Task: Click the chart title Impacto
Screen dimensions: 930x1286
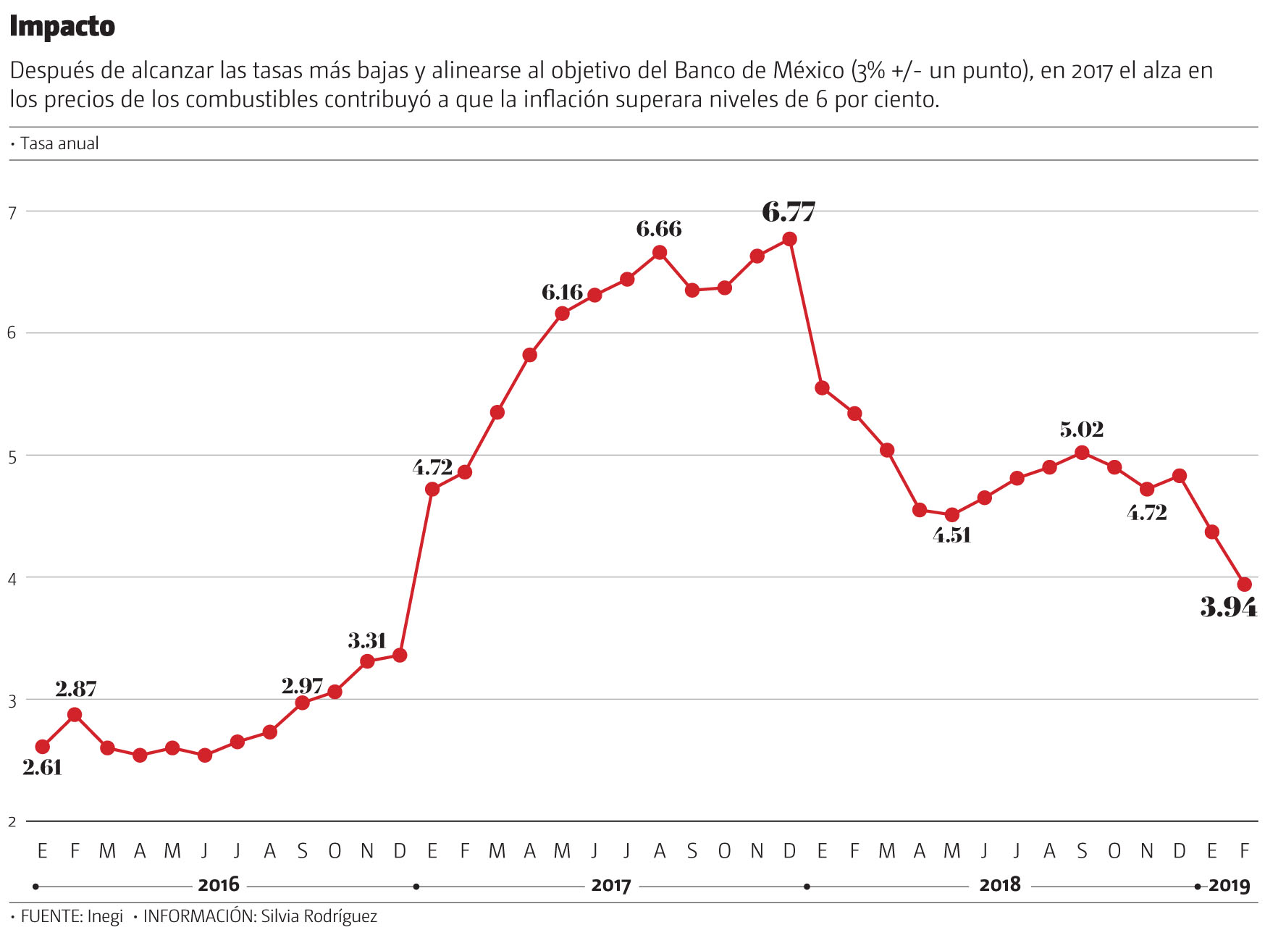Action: click(x=62, y=27)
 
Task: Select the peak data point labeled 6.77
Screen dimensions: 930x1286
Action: click(x=789, y=239)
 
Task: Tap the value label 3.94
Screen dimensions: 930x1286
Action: click(x=1229, y=607)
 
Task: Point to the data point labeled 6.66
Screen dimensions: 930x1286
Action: click(x=659, y=253)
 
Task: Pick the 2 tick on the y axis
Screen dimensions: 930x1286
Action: click(x=12, y=822)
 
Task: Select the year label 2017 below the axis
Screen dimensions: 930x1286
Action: click(x=610, y=885)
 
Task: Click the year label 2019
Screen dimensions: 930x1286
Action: click(x=1229, y=885)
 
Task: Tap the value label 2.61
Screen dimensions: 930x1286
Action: click(x=42, y=767)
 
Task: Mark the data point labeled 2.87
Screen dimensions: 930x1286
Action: click(x=75, y=715)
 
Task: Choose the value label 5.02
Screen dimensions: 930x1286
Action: click(x=1081, y=430)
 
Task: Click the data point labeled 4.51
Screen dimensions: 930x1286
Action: click(x=952, y=515)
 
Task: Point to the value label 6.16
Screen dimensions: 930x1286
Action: click(x=562, y=293)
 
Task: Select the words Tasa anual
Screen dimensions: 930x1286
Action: click(x=59, y=143)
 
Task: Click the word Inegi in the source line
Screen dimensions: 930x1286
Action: click(x=105, y=916)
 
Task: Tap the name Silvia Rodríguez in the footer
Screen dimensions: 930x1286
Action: click(x=319, y=916)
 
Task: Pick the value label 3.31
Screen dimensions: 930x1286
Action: click(x=366, y=641)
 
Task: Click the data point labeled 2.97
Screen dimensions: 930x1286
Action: click(x=302, y=703)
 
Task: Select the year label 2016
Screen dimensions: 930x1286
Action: click(x=218, y=885)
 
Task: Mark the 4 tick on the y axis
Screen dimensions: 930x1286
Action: click(x=12, y=579)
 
